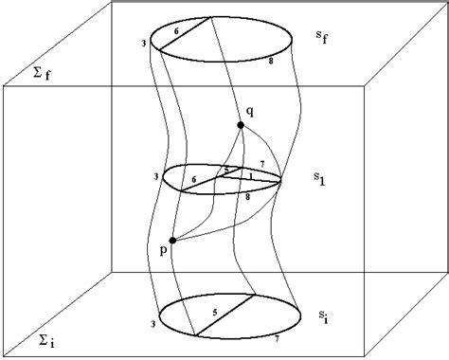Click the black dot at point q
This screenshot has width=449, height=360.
[242, 125]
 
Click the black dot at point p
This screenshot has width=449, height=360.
[171, 240]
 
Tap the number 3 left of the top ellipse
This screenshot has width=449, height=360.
[142, 43]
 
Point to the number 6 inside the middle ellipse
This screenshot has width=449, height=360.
[195, 177]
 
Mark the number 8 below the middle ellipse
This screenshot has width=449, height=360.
[248, 196]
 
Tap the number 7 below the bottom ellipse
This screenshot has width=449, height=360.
[278, 337]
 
